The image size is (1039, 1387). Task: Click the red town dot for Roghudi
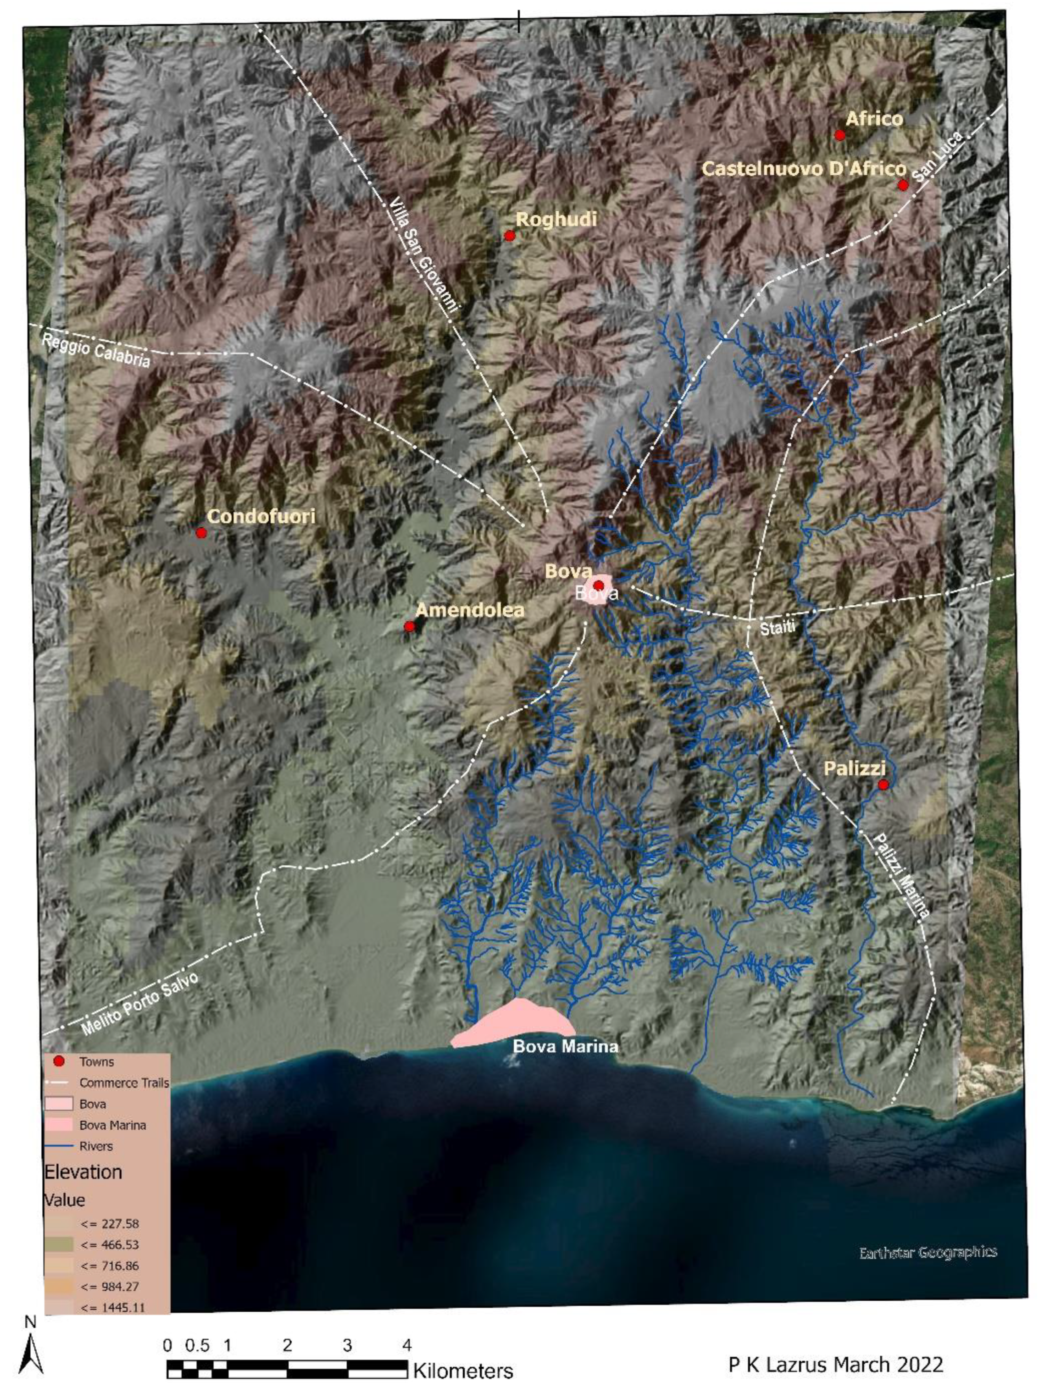510,236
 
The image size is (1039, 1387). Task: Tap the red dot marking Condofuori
201,533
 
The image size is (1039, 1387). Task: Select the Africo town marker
839,135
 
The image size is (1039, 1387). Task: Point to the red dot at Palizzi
883,785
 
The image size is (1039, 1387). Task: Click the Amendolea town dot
409,626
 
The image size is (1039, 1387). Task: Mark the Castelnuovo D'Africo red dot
902,185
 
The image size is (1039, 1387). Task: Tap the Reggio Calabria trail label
95,350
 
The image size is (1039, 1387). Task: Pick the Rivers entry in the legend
95,1146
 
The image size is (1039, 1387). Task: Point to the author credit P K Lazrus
835,1365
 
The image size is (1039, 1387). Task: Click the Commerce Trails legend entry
123,1083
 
